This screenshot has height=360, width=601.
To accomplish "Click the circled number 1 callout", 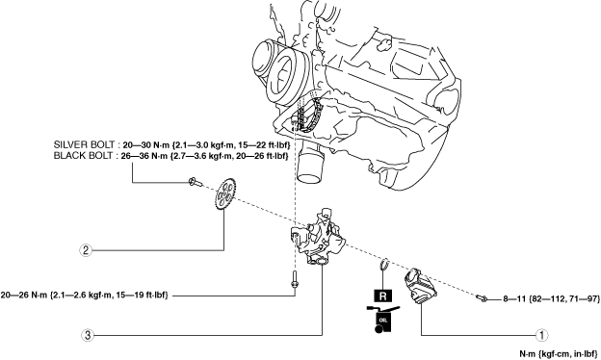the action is pyautogui.click(x=541, y=336).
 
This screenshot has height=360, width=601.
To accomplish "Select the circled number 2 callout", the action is pyautogui.click(x=86, y=250).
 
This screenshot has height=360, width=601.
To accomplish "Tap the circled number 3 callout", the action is pyautogui.click(x=88, y=336).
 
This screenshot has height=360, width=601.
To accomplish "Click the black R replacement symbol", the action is pyautogui.click(x=382, y=296).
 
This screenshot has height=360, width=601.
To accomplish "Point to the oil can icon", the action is pyautogui.click(x=383, y=319).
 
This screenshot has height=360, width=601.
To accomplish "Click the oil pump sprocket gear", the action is pyautogui.click(x=225, y=194).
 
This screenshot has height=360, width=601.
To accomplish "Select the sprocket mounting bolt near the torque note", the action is pyautogui.click(x=196, y=182).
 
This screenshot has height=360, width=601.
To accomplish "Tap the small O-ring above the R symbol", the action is pyautogui.click(x=384, y=264).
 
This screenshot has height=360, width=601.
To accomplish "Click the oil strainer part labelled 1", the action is pyautogui.click(x=420, y=286).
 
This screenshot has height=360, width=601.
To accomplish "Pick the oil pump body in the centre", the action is pyautogui.click(x=318, y=238).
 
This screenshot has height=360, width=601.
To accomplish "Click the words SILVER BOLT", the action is pyautogui.click(x=84, y=144).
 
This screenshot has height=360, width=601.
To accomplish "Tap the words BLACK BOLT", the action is pyautogui.click(x=83, y=156).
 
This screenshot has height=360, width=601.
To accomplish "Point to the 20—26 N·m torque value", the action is pyautogui.click(x=24, y=296).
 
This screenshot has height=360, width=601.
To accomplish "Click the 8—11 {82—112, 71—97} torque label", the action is pyautogui.click(x=552, y=298).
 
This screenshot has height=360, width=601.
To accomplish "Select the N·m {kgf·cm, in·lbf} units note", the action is pyautogui.click(x=559, y=354).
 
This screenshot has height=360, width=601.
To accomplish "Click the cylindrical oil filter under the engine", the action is pyautogui.click(x=310, y=163).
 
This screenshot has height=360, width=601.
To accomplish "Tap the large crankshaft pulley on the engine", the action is pyautogui.click(x=283, y=77).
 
